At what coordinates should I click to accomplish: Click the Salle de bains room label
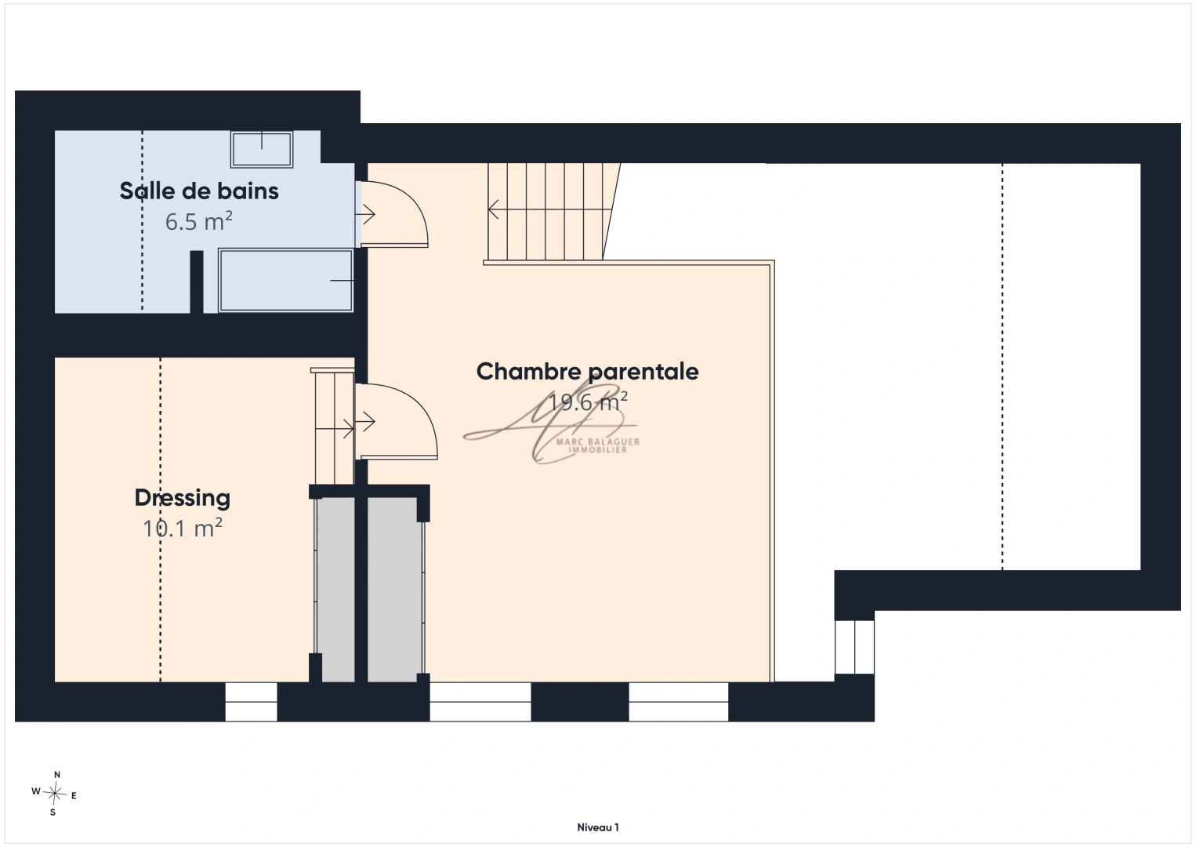(198, 191)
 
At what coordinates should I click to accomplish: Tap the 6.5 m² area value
(198, 221)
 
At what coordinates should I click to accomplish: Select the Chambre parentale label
(587, 372)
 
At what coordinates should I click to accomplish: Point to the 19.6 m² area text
(588, 402)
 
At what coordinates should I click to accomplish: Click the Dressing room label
(182, 498)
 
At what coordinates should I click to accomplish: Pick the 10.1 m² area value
(183, 528)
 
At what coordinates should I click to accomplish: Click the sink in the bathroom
(262, 150)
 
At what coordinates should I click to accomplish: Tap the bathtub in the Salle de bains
(285, 280)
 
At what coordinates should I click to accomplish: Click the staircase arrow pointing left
(550, 209)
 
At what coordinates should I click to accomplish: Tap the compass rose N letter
(57, 774)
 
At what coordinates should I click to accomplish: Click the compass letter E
(74, 796)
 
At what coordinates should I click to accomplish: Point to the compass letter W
(36, 791)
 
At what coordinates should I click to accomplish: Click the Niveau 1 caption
(598, 827)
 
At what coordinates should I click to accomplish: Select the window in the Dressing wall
(251, 702)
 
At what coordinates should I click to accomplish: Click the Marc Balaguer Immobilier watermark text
(598, 445)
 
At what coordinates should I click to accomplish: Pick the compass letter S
(53, 812)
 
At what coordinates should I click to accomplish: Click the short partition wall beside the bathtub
(197, 282)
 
